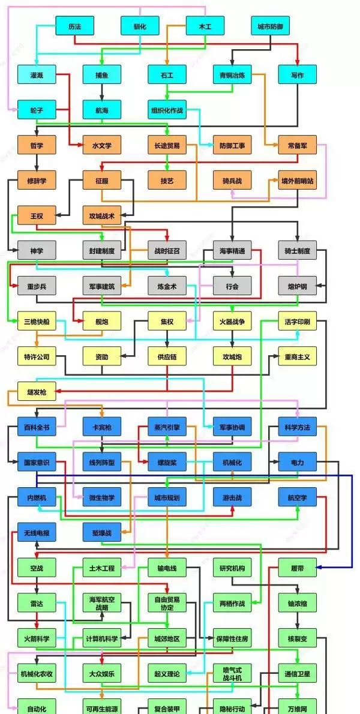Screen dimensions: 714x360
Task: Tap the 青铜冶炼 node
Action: (232, 75)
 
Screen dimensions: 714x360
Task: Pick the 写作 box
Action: (298, 75)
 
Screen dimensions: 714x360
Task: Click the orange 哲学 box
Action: (37, 145)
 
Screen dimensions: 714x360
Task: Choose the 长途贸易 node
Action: (167, 145)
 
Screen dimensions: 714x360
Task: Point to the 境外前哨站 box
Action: (298, 180)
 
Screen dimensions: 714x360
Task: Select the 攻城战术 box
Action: (102, 215)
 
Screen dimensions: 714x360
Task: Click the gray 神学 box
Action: (37, 250)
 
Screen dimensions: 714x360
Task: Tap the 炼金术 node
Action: (167, 286)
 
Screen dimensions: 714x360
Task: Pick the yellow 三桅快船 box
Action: (37, 321)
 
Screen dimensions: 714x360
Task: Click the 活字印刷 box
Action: (298, 321)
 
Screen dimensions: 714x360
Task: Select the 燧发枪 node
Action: (37, 392)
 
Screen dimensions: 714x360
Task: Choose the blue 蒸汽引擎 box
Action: (167, 427)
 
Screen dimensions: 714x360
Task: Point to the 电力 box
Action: (298, 463)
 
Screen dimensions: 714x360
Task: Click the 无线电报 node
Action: (37, 532)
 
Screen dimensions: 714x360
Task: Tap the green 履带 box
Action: (298, 567)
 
